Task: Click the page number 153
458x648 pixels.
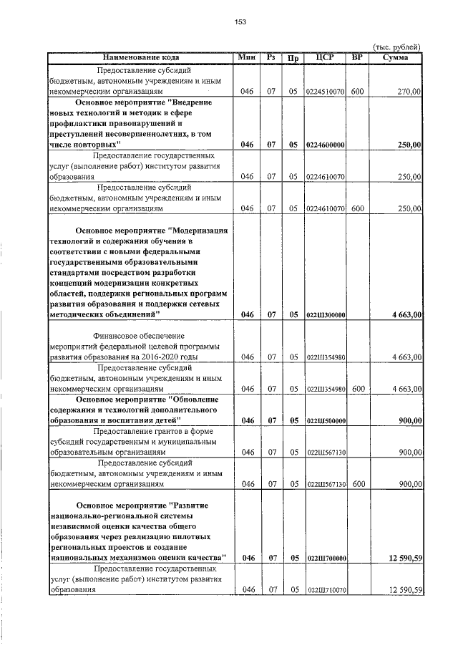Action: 240,22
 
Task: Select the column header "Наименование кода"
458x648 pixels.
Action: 140,57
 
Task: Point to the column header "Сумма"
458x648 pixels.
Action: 396,57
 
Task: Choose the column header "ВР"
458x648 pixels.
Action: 358,57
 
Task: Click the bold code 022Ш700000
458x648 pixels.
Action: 326,558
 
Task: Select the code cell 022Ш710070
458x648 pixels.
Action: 326,590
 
